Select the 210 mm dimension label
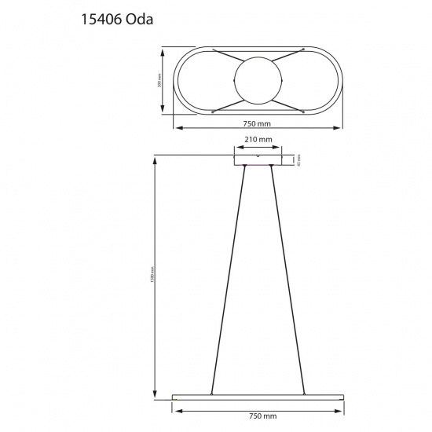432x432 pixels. tap(258, 139)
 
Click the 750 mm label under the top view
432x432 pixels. tap(258, 123)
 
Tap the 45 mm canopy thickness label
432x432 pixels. tap(299, 159)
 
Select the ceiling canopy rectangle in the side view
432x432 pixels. tap(258, 160)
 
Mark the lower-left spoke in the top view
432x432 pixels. tap(227, 104)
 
